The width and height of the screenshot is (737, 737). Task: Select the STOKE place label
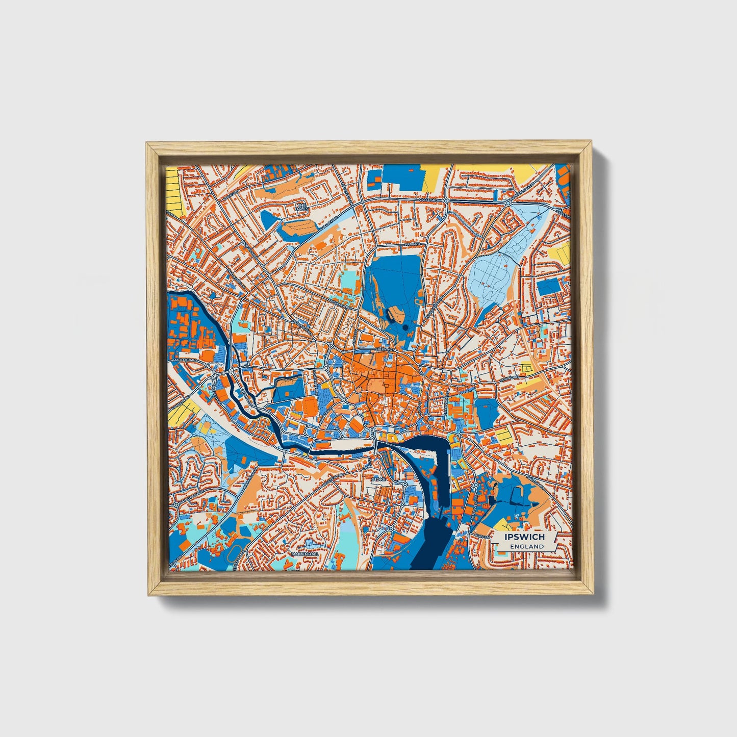click(x=378, y=480)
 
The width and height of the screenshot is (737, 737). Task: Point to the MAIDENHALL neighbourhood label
click(x=305, y=553)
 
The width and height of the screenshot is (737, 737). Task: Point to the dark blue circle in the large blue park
click(x=405, y=327)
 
